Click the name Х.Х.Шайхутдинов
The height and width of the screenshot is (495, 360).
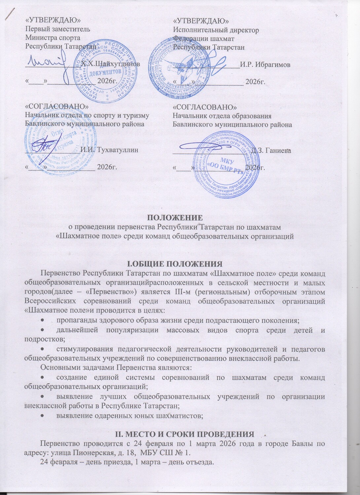(x=110, y=64)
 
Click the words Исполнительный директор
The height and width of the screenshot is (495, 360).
(x=216, y=30)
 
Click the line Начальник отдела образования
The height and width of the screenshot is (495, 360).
(x=222, y=116)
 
